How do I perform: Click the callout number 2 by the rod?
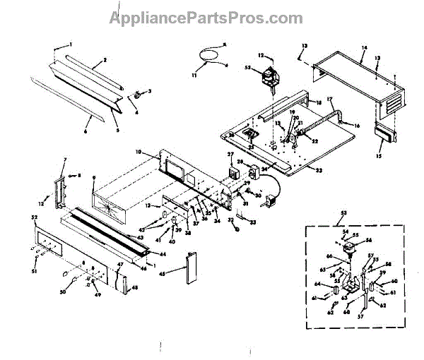[104, 61]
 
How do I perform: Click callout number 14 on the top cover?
[364, 48]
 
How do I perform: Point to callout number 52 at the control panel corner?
[34, 217]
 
